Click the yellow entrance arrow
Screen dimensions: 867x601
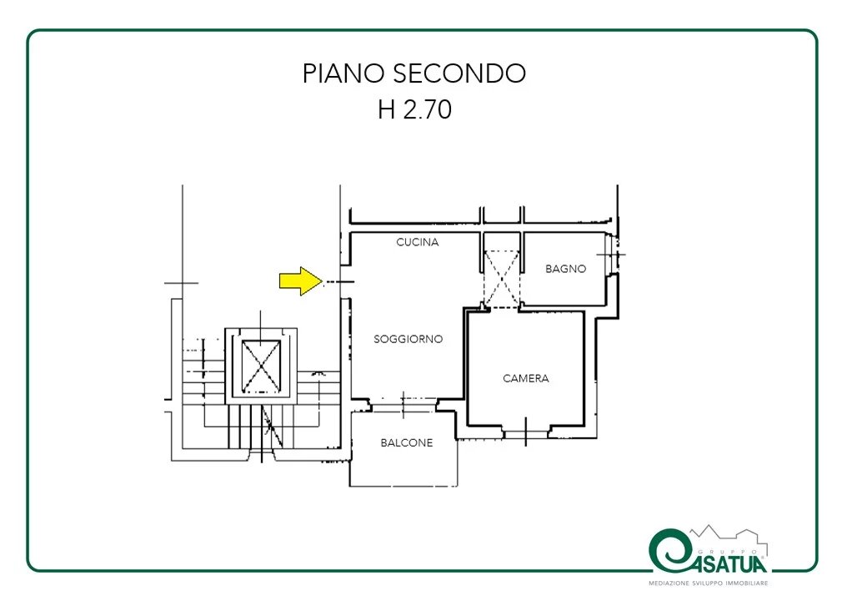(300, 281)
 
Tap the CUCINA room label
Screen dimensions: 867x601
(418, 242)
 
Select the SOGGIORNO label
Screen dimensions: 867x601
(408, 339)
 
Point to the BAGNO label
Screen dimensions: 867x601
(565, 269)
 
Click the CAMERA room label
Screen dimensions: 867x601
(526, 378)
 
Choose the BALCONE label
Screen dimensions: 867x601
(407, 442)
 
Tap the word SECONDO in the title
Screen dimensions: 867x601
(459, 73)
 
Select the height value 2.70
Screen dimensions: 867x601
(428, 109)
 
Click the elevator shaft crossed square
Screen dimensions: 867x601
(261, 366)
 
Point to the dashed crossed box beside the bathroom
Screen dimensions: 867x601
(502, 279)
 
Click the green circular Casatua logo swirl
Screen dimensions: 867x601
(670, 551)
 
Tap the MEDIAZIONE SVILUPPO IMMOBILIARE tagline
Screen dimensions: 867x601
(709, 583)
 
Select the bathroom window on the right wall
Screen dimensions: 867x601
(612, 255)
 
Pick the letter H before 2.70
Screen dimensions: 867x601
(386, 109)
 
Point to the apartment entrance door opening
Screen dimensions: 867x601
(345, 282)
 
